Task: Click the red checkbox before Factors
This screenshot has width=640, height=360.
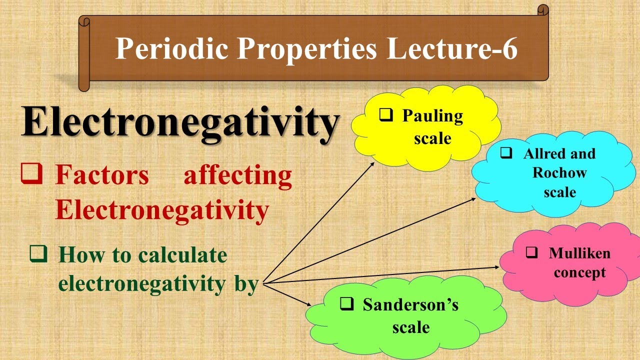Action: click(x=31, y=174)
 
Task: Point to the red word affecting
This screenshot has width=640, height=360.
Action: click(x=238, y=176)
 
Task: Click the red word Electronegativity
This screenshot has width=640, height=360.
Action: click(x=162, y=210)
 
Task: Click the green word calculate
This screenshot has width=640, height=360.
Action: click(x=182, y=255)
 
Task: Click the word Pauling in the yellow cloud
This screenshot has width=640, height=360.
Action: click(x=432, y=116)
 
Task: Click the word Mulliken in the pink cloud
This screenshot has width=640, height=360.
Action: click(x=579, y=253)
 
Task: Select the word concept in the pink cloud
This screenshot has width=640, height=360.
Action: click(x=579, y=272)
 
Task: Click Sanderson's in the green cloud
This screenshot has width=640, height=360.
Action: click(x=410, y=304)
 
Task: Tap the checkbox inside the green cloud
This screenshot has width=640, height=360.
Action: click(x=347, y=303)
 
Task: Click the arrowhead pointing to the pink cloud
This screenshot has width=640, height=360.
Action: click(x=496, y=267)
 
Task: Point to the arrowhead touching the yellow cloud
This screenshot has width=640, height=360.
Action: click(x=372, y=163)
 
